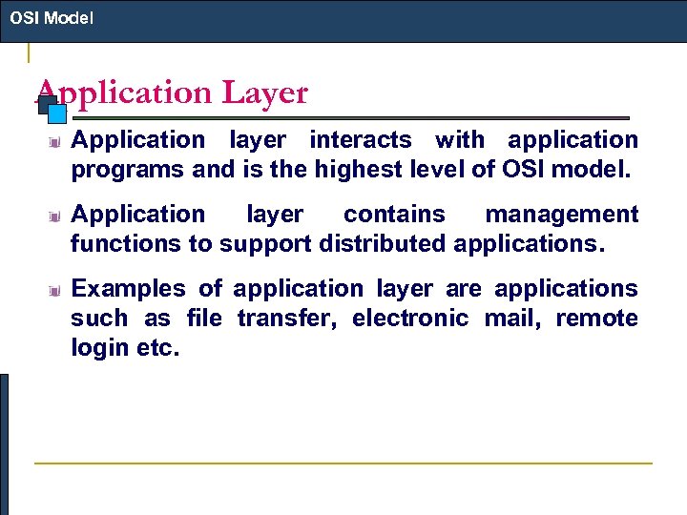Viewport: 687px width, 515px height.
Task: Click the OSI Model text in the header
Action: tap(52, 17)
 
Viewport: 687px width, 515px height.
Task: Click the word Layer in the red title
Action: tap(264, 93)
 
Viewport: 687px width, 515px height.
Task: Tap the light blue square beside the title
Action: tap(56, 113)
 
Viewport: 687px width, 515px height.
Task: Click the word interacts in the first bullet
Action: tap(360, 140)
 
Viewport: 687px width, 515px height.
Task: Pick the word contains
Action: tap(393, 215)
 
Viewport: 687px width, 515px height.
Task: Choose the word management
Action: tap(561, 215)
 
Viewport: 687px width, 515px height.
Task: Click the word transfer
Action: tap(285, 318)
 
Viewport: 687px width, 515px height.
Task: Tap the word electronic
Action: tap(409, 318)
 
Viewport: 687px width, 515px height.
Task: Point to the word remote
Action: tap(596, 318)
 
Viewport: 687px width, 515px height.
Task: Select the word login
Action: tap(99, 347)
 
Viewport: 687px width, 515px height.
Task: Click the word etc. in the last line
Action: tap(156, 347)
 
